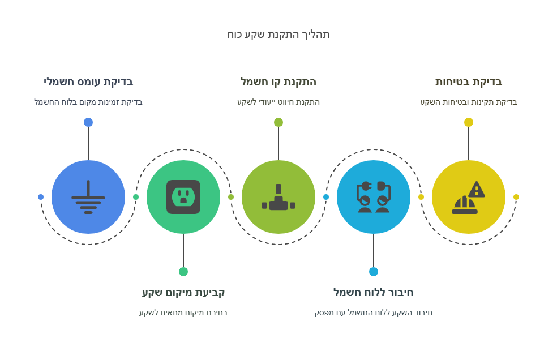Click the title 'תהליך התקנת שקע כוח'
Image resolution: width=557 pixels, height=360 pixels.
(x=278, y=35)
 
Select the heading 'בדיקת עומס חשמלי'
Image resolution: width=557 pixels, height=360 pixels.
(x=88, y=82)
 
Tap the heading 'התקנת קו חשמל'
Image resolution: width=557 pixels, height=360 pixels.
(x=278, y=82)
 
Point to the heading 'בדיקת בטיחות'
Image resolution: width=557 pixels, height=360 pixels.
(x=469, y=82)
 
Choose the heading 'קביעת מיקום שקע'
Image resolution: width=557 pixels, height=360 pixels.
(x=183, y=293)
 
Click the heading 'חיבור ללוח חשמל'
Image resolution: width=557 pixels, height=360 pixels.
(x=374, y=293)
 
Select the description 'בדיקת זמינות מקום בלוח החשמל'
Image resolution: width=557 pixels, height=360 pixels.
(x=88, y=102)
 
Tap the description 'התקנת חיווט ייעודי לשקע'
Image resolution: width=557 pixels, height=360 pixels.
(x=278, y=102)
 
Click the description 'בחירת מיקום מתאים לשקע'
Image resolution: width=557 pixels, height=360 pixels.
(x=183, y=312)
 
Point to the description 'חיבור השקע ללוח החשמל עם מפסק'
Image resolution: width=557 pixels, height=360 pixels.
(x=374, y=312)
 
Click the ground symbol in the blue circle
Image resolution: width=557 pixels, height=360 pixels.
(x=88, y=197)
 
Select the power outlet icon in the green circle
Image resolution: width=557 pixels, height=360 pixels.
(x=183, y=197)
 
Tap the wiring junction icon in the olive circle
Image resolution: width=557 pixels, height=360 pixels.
(x=278, y=197)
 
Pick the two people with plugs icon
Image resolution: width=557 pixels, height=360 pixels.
(x=374, y=197)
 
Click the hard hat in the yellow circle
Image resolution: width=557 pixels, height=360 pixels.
(x=464, y=206)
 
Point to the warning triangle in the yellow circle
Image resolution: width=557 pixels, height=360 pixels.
(x=477, y=190)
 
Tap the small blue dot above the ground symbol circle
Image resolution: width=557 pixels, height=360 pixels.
(x=88, y=122)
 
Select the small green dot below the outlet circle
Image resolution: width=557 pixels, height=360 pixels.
(x=183, y=272)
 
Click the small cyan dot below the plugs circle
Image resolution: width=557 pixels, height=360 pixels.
(x=374, y=272)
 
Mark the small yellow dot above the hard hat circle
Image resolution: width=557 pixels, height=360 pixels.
(x=469, y=122)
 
